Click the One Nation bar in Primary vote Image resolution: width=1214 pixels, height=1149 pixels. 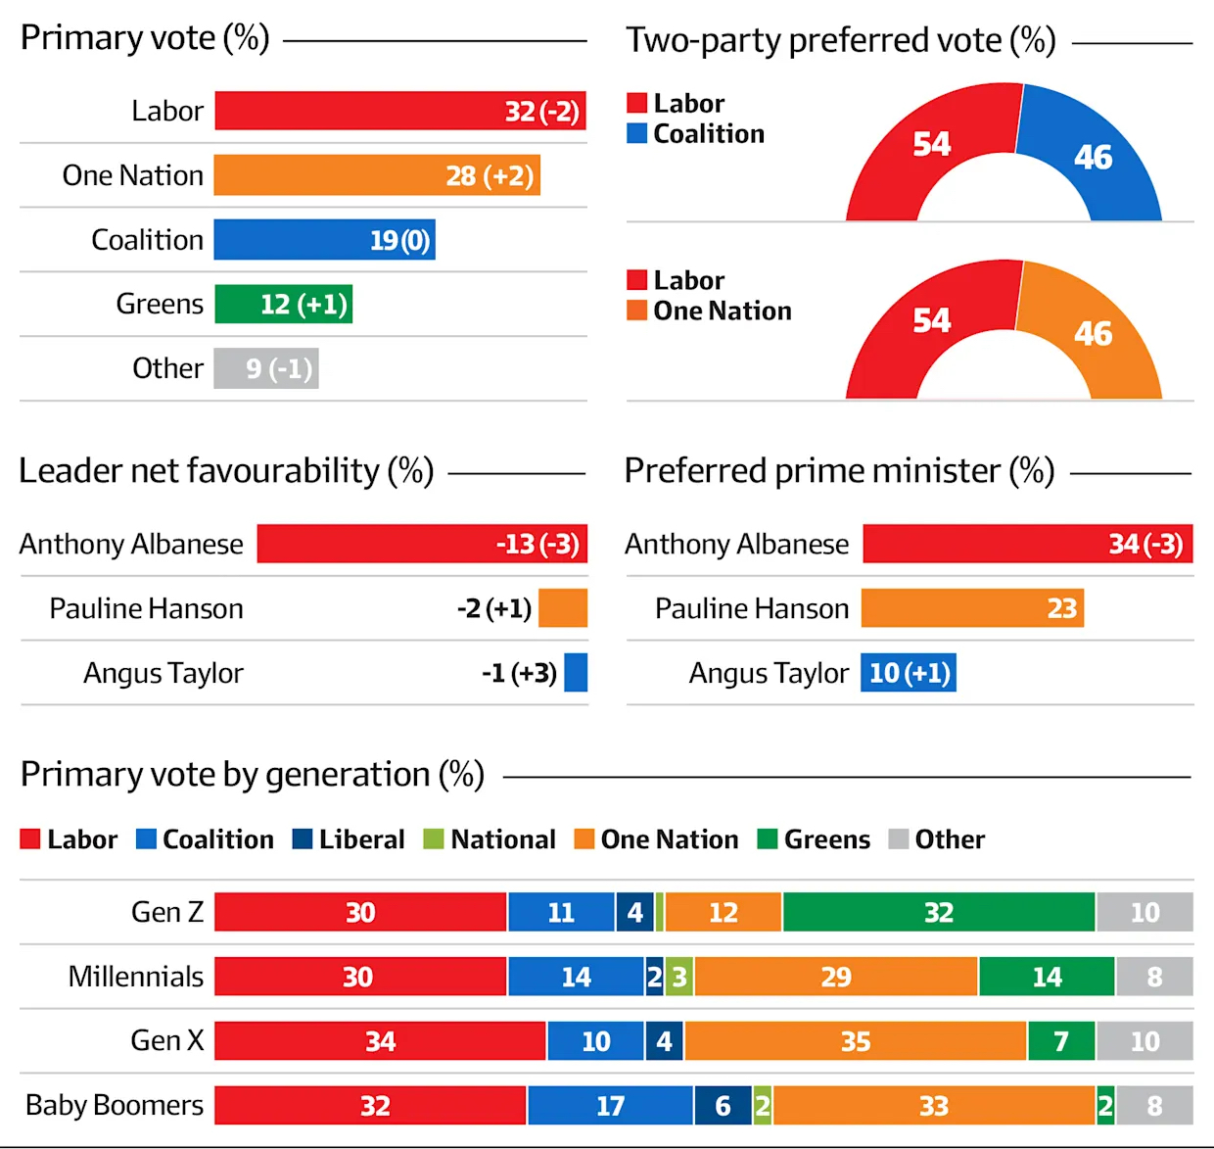pyautogui.click(x=377, y=175)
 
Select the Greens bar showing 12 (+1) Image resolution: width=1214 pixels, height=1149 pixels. pyautogui.click(x=283, y=305)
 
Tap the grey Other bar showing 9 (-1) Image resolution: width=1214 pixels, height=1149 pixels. pyautogui.click(x=266, y=369)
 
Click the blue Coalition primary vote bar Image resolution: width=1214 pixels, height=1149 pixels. pyautogui.click(x=324, y=240)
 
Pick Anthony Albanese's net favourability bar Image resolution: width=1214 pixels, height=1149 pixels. pyautogui.click(x=422, y=544)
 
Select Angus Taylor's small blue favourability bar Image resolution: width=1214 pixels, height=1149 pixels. pyautogui.click(x=576, y=673)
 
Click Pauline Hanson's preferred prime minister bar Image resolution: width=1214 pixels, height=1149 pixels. pyautogui.click(x=972, y=608)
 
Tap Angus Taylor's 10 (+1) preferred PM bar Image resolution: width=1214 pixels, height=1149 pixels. pyautogui.click(x=909, y=673)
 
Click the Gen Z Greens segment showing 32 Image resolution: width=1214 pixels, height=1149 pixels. pyautogui.click(x=939, y=912)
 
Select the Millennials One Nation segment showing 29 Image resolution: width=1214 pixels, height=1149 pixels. pyautogui.click(x=836, y=977)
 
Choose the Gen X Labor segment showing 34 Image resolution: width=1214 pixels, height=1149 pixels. pyautogui.click(x=380, y=1041)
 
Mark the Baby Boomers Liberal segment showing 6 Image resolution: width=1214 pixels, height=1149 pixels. pyautogui.click(x=723, y=1106)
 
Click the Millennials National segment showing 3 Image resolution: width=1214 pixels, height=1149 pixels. pyautogui.click(x=679, y=977)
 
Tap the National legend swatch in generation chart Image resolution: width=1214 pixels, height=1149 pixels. pyautogui.click(x=433, y=839)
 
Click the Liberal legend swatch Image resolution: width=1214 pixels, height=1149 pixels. pyautogui.click(x=302, y=839)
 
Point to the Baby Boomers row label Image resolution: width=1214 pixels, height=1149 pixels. pyautogui.click(x=115, y=1105)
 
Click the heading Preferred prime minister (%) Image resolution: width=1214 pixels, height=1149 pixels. pyautogui.click(x=839, y=471)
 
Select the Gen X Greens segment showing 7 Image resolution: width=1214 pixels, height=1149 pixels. pyautogui.click(x=1061, y=1041)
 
